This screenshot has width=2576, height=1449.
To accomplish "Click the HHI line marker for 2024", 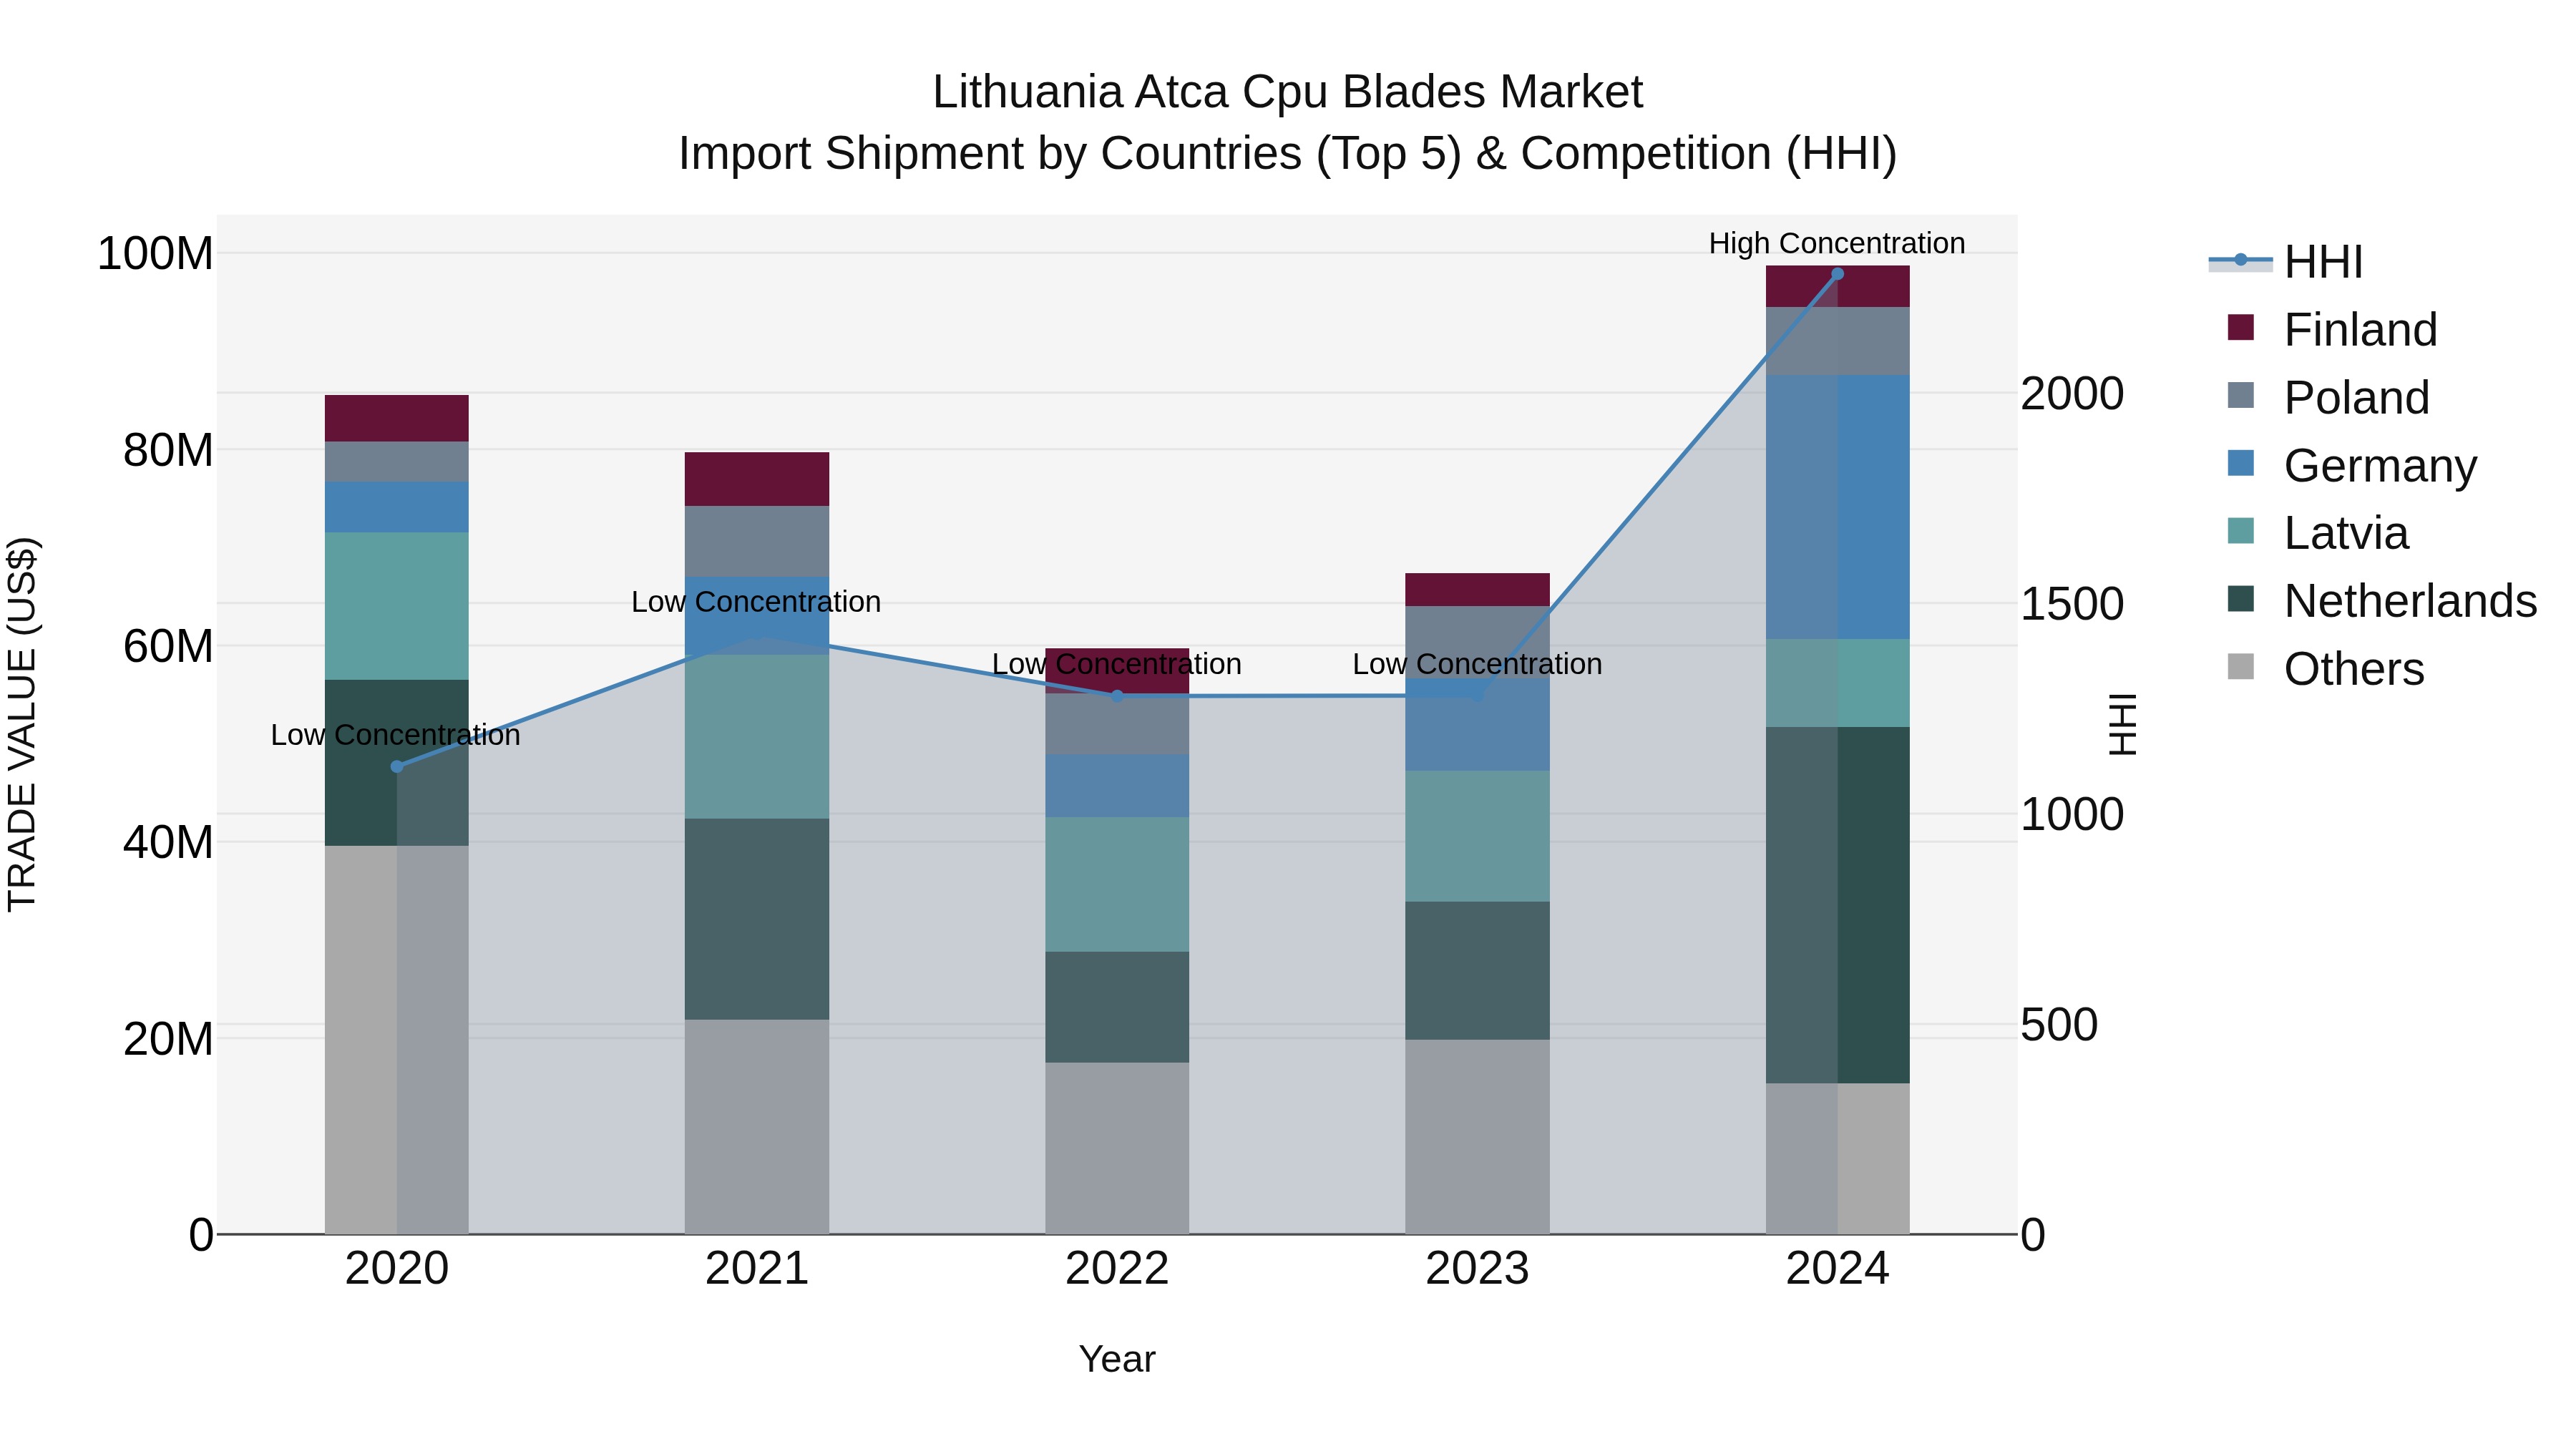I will point(1837,274).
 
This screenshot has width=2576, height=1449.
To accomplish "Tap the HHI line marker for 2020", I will point(397,767).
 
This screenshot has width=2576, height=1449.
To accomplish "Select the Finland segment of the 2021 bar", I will point(757,479).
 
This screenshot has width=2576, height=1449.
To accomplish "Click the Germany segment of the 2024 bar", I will point(1837,507).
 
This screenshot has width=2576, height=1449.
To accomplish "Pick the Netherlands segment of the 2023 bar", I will point(1477,970).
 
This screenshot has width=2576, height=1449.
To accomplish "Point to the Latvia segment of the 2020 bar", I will point(397,606).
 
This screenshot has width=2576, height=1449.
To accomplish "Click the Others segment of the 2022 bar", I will point(1117,1148).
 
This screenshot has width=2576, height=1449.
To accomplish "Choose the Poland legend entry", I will point(2356,398).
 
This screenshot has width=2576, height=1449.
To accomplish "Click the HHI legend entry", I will point(2323,262).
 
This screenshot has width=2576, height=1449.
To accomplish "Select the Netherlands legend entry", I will point(2410,601).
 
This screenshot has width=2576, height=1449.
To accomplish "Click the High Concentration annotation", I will point(1836,244).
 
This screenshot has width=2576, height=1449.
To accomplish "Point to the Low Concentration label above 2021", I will point(756,602).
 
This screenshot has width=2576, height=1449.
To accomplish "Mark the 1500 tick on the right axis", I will point(2071,604).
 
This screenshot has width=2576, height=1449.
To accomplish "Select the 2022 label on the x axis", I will point(1117,1269).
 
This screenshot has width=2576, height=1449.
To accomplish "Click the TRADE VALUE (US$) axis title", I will point(22,724).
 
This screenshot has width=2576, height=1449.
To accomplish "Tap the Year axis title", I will point(1117,1359).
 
